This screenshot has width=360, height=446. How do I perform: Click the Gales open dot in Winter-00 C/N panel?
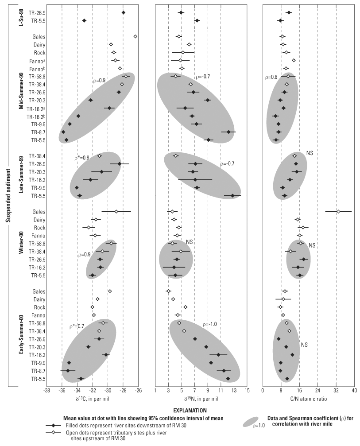point(338,212)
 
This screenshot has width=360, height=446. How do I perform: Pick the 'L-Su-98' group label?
point(21,16)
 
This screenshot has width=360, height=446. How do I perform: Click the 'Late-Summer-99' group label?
point(21,175)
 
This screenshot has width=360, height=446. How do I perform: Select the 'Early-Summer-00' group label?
point(21,334)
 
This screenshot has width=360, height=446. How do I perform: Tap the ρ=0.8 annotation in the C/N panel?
point(271,77)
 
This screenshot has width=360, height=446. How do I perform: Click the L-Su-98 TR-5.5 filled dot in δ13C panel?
point(84,21)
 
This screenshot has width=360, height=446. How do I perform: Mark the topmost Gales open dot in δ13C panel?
point(135,36)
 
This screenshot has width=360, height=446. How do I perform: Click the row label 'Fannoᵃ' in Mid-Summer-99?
point(35,60)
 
